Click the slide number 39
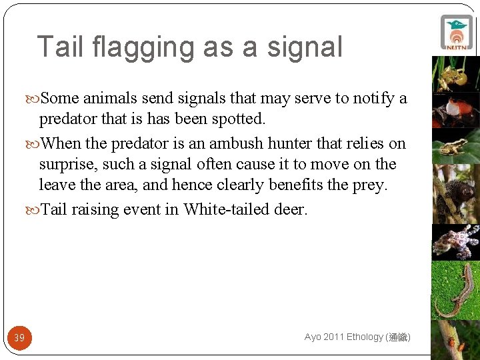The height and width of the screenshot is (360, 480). pyautogui.click(x=19, y=338)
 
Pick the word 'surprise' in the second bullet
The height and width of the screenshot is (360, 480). pyautogui.click(x=67, y=165)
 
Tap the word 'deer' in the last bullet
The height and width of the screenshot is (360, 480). pyautogui.click(x=289, y=209)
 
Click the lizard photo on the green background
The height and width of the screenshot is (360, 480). pyautogui.click(x=456, y=290)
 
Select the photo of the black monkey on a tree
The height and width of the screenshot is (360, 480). pyautogui.click(x=456, y=193)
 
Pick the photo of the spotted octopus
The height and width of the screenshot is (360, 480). pyautogui.click(x=456, y=241)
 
